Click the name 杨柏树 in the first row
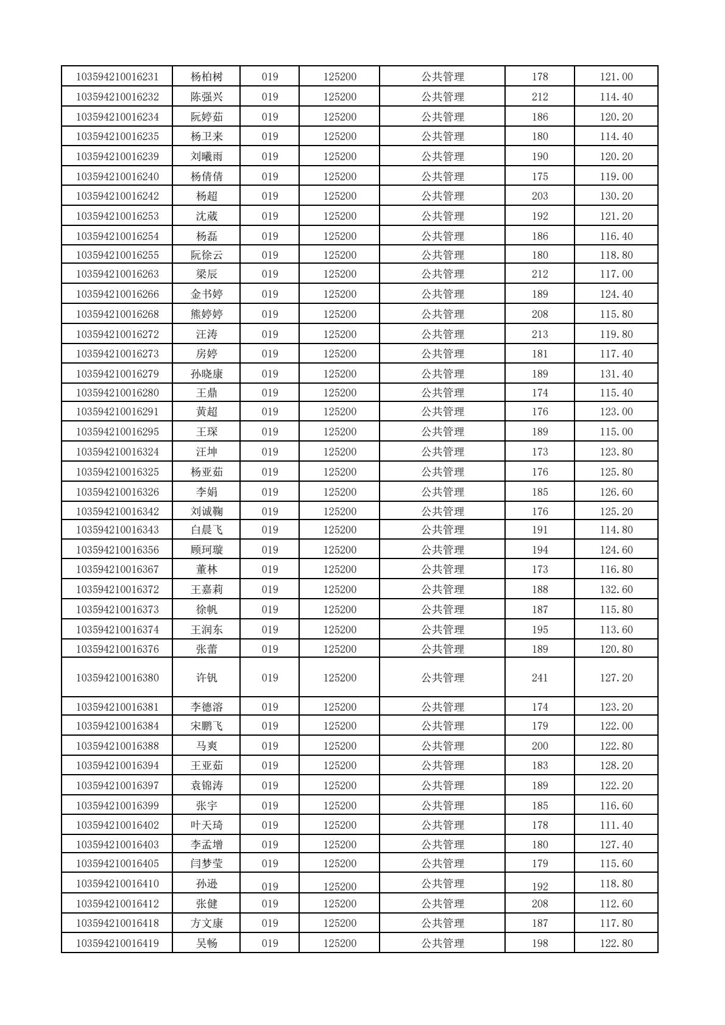click(x=207, y=77)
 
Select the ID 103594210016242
click(x=117, y=196)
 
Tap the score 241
click(x=540, y=678)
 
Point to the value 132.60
click(x=616, y=590)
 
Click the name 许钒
click(x=207, y=678)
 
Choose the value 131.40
click(x=616, y=374)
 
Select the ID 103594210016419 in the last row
click(x=117, y=943)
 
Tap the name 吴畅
click(x=207, y=943)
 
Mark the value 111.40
click(x=616, y=825)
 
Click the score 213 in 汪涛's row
click(x=540, y=334)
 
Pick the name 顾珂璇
click(x=207, y=550)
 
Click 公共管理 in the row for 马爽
click(x=442, y=746)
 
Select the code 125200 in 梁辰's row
click(x=339, y=274)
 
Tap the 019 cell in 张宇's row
click(x=269, y=806)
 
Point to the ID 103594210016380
click(x=117, y=678)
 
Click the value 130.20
click(x=616, y=196)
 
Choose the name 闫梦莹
click(x=207, y=864)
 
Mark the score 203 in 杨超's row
click(x=540, y=196)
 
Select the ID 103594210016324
click(x=117, y=452)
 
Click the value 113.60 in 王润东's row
click(x=616, y=630)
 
